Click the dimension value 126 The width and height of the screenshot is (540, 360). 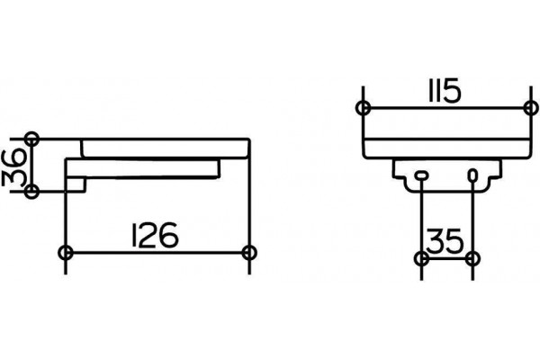point(156,235)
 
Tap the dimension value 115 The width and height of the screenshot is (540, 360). point(445,91)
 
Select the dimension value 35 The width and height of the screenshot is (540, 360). point(445,240)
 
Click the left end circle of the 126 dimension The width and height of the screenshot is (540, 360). point(66,253)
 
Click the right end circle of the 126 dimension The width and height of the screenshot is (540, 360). point(249,253)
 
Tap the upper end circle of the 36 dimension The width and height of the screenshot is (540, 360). point(32,139)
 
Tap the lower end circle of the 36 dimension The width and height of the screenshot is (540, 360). point(32,191)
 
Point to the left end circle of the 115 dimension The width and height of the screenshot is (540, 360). point(364,108)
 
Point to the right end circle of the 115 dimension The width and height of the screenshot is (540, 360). point(530,108)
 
